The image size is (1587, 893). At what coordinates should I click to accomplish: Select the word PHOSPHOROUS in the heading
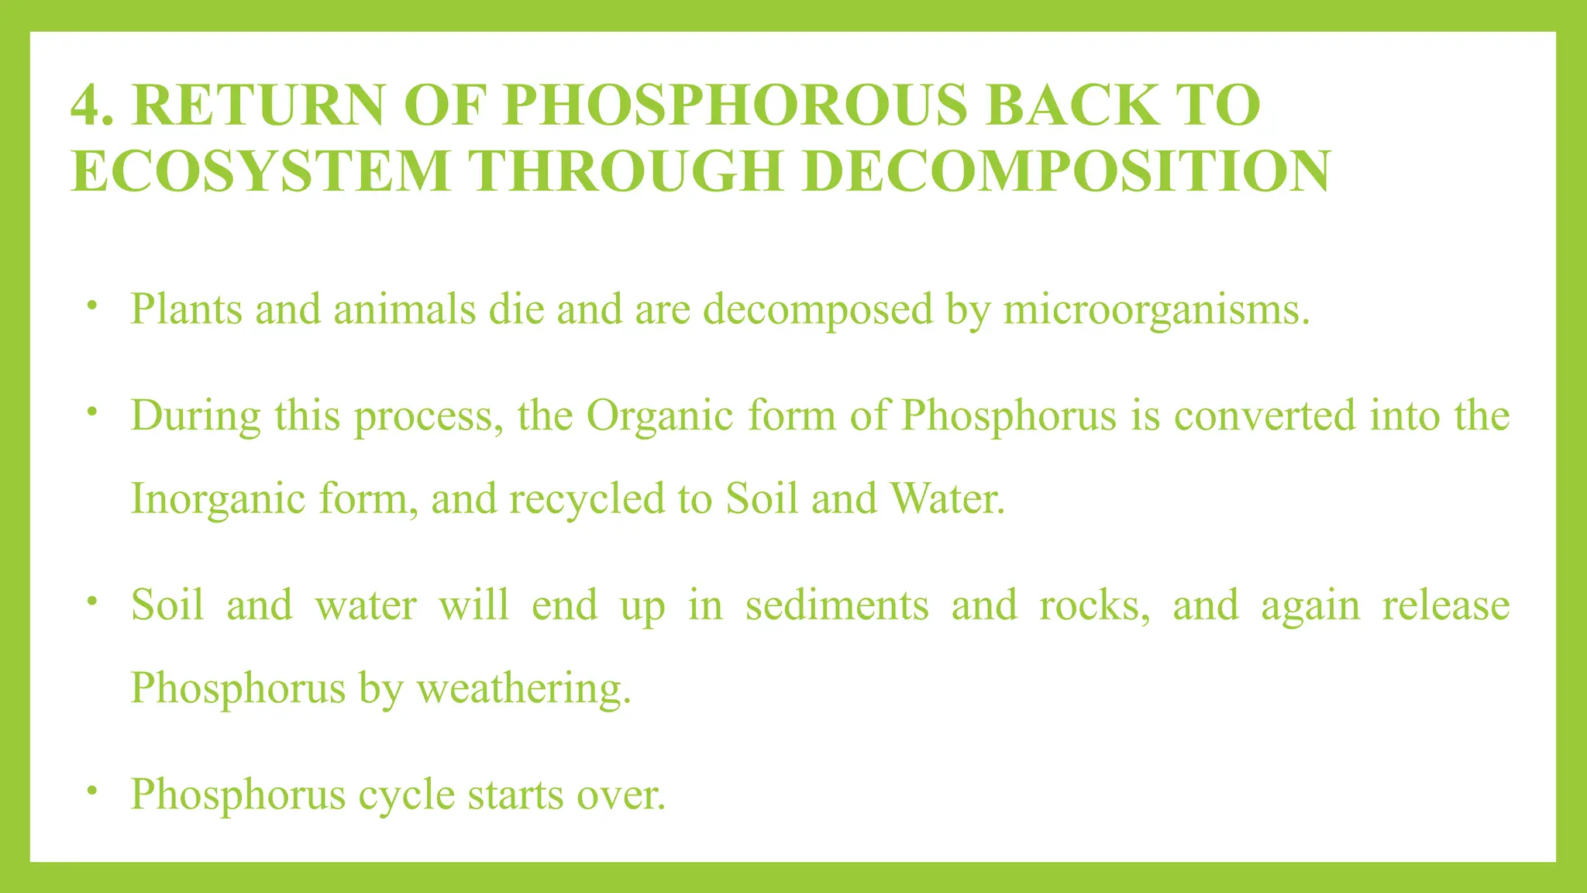click(x=735, y=105)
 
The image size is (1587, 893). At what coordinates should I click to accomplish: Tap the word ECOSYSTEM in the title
click(x=260, y=171)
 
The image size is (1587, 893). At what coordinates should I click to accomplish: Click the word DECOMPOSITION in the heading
click(x=1066, y=171)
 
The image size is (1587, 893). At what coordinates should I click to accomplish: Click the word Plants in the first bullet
click(x=186, y=309)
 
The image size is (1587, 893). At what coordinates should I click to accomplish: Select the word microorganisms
click(x=1155, y=309)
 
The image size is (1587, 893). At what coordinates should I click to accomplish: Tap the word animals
click(x=404, y=309)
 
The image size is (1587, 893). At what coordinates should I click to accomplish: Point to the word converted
click(x=1265, y=415)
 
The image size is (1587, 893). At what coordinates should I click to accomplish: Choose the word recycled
click(x=587, y=498)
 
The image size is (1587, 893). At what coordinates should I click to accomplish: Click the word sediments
click(x=837, y=605)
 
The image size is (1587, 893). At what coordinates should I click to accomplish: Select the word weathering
click(x=524, y=688)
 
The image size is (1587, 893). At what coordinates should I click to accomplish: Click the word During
click(x=195, y=415)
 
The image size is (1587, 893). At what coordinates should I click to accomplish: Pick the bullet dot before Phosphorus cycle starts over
click(x=92, y=790)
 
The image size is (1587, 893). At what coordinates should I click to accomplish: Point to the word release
click(x=1446, y=605)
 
